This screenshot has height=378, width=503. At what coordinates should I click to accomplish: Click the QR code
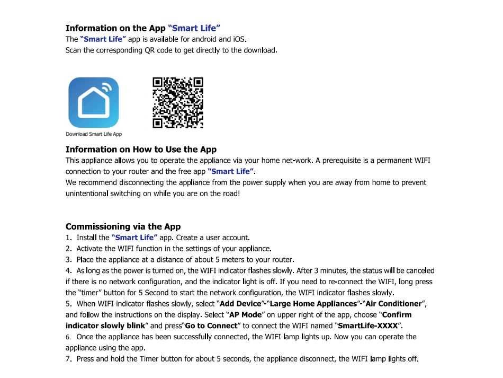point(178,103)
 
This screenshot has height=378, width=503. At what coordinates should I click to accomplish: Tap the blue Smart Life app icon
point(94,102)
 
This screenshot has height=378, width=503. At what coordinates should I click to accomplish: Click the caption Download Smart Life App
point(94,134)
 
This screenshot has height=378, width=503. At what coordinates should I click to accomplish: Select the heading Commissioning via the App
point(123,226)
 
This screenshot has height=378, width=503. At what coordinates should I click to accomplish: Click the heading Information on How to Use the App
point(141,150)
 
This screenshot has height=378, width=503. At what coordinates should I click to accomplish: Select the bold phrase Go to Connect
point(212,326)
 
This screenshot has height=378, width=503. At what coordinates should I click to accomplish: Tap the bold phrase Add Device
point(241,304)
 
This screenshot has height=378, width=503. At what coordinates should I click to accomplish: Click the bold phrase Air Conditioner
point(394,304)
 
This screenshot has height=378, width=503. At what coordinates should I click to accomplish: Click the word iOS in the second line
point(239,39)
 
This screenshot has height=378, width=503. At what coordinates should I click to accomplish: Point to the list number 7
point(68,359)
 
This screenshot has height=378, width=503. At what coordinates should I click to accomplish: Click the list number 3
point(68,260)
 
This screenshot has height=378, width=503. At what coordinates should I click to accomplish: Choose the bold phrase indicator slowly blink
point(105,326)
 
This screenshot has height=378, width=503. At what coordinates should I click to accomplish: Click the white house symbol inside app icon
point(94,103)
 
